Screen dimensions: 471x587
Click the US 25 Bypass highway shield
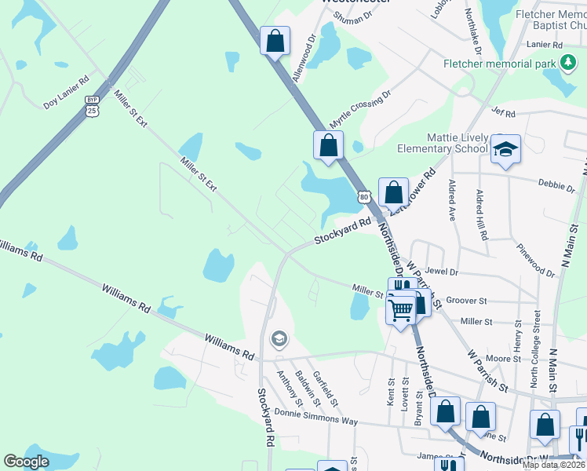(x=93, y=105)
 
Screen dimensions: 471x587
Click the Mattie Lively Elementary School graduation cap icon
(x=506, y=150)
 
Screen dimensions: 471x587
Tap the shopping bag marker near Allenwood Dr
(x=275, y=41)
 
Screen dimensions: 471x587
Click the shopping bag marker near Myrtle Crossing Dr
(x=328, y=145)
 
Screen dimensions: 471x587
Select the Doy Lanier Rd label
(x=66, y=92)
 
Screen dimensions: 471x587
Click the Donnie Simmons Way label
(x=316, y=417)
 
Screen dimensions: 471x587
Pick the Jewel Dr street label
(x=441, y=272)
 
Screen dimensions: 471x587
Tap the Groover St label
(x=466, y=300)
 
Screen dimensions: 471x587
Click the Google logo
(x=27, y=461)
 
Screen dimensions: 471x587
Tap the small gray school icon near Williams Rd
(x=278, y=339)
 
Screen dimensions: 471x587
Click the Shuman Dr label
(x=351, y=17)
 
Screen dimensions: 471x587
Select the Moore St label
(x=503, y=358)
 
